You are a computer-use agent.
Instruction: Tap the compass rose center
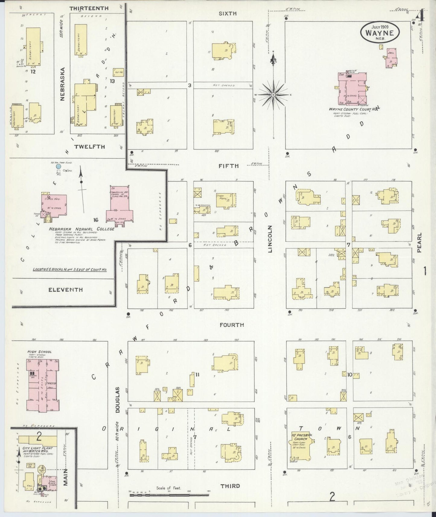273,95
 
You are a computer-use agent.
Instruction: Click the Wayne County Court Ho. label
354,109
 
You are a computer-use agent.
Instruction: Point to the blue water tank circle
59,166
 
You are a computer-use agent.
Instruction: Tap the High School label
39,352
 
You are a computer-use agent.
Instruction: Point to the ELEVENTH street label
65,290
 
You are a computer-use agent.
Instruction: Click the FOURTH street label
232,325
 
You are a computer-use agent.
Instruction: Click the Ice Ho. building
118,72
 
